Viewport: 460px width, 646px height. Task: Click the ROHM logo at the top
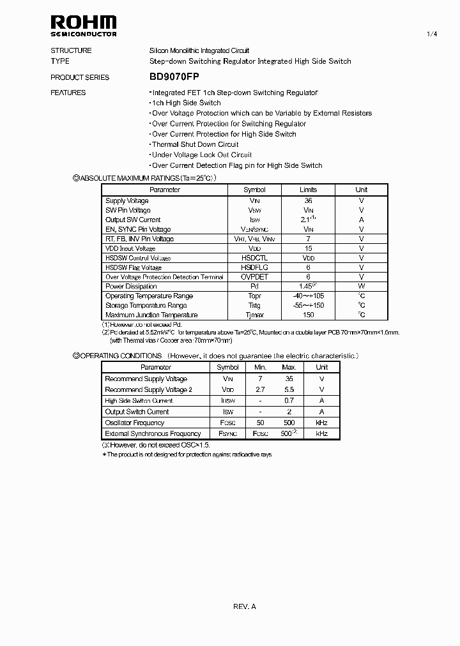[84, 26]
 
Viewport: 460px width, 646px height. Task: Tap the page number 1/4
[432, 34]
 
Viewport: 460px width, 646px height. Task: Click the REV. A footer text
[245, 606]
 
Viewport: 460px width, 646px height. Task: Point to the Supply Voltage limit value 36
[308, 200]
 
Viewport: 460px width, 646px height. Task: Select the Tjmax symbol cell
[254, 315]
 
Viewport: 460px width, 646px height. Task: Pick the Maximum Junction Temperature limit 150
[308, 315]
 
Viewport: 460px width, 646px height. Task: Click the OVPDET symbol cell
[254, 277]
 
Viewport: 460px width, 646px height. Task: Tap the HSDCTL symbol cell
[254, 258]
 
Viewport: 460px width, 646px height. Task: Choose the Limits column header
[308, 190]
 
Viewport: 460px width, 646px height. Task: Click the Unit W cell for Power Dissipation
[361, 287]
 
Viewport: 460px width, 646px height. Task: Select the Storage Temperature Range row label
[146, 305]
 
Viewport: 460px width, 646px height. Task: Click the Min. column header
[260, 367]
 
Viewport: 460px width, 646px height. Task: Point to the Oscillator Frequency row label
[134, 423]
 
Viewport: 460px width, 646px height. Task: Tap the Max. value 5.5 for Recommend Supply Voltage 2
[289, 389]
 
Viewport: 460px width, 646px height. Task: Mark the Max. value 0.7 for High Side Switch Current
[289, 401]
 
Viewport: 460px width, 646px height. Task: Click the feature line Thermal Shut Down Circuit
[195, 144]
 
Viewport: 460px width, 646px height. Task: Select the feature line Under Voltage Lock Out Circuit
[201, 154]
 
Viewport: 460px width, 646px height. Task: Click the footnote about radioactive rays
[187, 454]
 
